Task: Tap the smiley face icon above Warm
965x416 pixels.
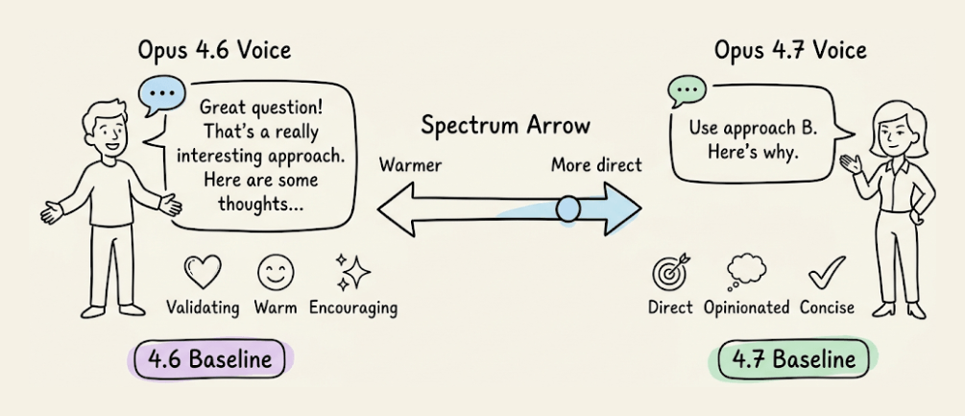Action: tap(275, 272)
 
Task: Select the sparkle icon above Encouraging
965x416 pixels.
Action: tap(352, 272)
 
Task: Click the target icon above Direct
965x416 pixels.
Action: tap(669, 274)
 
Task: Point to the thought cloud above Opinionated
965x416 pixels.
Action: tap(745, 272)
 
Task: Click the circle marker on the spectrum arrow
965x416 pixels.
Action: tap(567, 207)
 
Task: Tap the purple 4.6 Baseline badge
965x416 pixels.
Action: tap(211, 361)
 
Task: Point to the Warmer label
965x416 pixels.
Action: tap(410, 165)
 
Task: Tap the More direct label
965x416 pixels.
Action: tap(596, 165)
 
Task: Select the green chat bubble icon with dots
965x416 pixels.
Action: tap(686, 91)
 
